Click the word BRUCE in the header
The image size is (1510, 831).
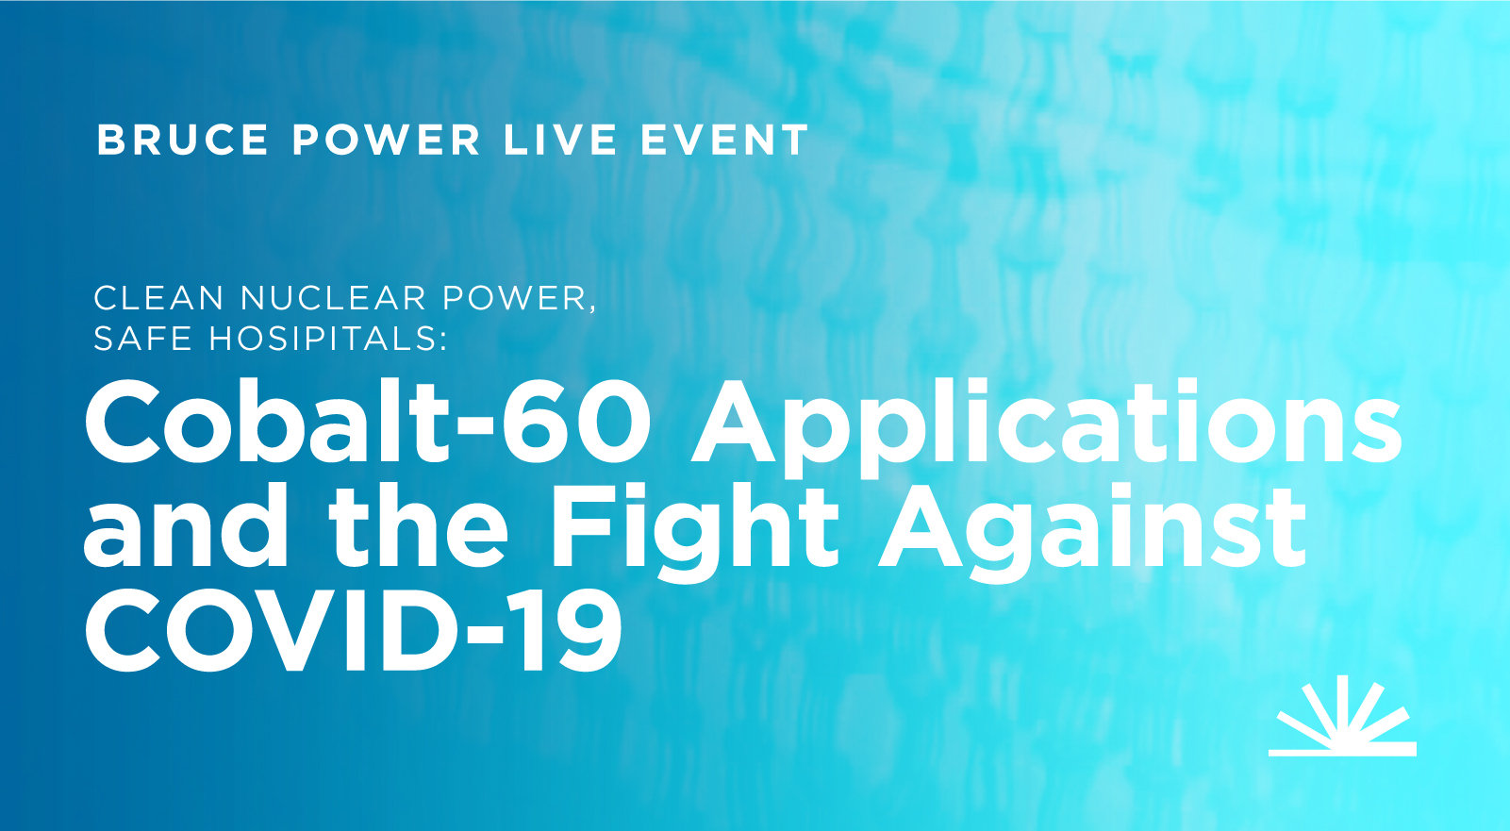pyautogui.click(x=182, y=140)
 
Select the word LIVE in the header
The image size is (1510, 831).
pyautogui.click(x=559, y=140)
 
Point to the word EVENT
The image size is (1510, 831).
pyautogui.click(x=724, y=140)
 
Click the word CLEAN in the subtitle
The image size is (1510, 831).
pyautogui.click(x=158, y=298)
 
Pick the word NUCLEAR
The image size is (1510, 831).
pyautogui.click(x=333, y=298)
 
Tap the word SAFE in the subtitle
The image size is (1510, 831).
pyautogui.click(x=142, y=339)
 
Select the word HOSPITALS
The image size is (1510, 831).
pyautogui.click(x=323, y=339)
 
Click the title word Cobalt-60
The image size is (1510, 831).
pyautogui.click(x=368, y=422)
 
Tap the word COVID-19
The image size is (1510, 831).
pyautogui.click(x=353, y=630)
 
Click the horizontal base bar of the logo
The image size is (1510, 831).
pyautogui.click(x=1342, y=749)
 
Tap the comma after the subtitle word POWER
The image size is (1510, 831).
pyautogui.click(x=592, y=308)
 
